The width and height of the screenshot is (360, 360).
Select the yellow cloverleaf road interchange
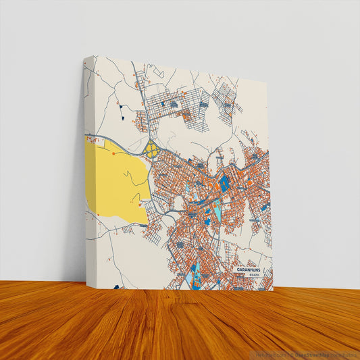pyautogui.click(x=152, y=149)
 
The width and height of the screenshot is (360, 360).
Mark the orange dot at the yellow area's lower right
pyautogui.click(x=139, y=203)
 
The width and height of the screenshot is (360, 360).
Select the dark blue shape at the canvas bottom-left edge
pyautogui.click(x=116, y=286)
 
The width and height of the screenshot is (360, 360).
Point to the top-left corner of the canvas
pyautogui.click(x=84, y=57)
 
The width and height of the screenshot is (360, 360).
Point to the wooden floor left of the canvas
pyautogui.click(x=41, y=317)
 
